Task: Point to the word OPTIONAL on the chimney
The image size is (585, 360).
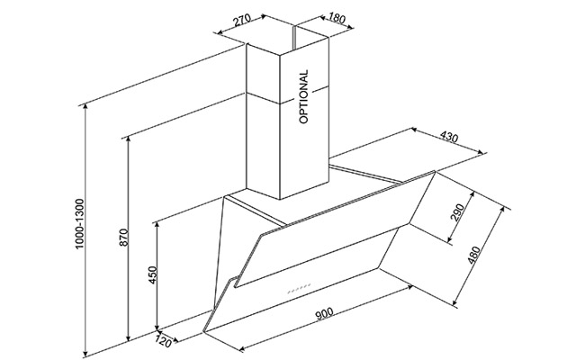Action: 304,95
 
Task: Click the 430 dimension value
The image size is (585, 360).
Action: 451,138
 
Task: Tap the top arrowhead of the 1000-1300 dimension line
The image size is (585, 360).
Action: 86,106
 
